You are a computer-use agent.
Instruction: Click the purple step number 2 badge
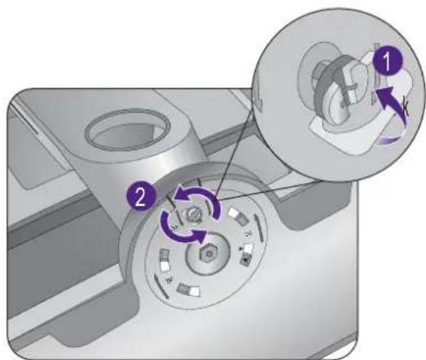coord(141,196)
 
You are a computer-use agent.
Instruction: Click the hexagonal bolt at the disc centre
coord(210,254)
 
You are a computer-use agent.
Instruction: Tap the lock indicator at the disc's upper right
coord(238,216)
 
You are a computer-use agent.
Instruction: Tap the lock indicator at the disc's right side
coord(246,254)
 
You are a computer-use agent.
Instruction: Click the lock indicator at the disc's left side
coord(164,259)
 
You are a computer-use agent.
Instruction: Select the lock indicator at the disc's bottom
coord(188,289)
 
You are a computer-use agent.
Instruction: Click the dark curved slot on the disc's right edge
coord(260,227)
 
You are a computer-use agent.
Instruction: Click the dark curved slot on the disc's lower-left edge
coord(161,286)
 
